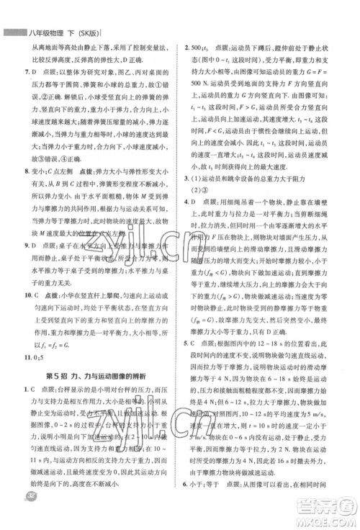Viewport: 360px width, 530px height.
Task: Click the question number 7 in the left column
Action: click(x=27, y=73)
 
